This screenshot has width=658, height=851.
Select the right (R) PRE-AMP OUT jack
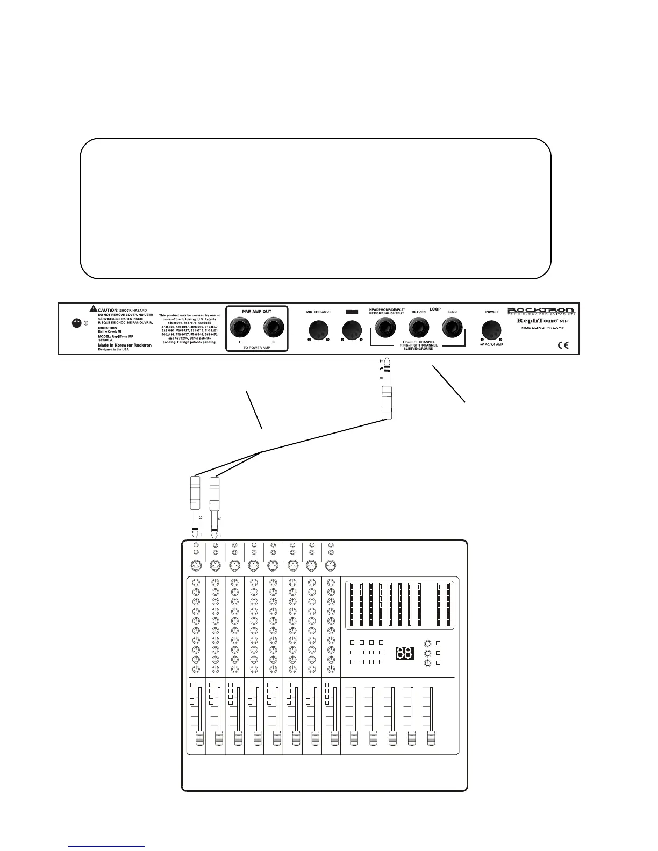pyautogui.click(x=273, y=328)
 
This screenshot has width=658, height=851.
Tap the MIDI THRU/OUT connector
pyautogui.click(x=318, y=329)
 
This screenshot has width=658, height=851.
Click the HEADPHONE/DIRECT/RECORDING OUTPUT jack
pyautogui.click(x=385, y=327)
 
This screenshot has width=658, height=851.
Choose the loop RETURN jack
pyautogui.click(x=418, y=327)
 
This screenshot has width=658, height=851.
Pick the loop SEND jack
pyautogui.click(x=452, y=327)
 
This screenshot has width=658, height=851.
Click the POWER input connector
pyautogui.click(x=491, y=329)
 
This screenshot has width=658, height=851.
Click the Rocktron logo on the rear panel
pyautogui.click(x=541, y=311)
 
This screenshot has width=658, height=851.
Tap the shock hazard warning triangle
pyautogui.click(x=94, y=309)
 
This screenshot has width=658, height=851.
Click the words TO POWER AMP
pyautogui.click(x=256, y=347)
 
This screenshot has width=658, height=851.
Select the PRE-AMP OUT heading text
pyautogui.click(x=256, y=312)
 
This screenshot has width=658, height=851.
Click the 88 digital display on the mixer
pyautogui.click(x=405, y=653)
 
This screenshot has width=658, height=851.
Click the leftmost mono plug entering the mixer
pyautogui.click(x=196, y=505)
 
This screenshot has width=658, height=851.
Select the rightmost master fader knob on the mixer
pyautogui.click(x=431, y=738)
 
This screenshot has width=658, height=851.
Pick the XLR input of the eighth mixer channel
pyautogui.click(x=331, y=565)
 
